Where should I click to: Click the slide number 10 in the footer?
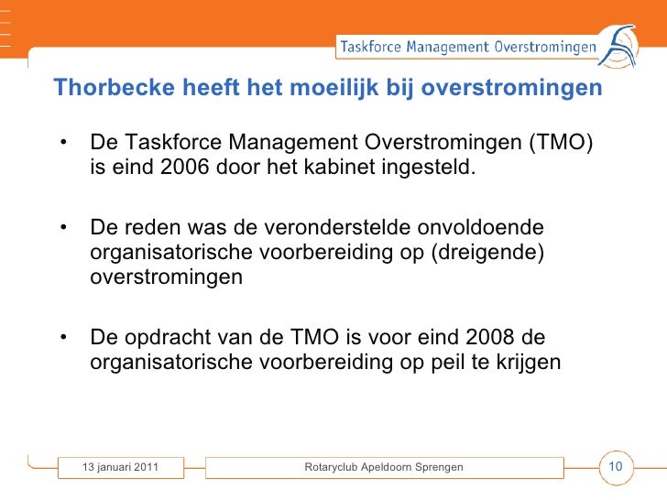click(x=616, y=467)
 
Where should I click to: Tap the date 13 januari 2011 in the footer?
click(x=120, y=468)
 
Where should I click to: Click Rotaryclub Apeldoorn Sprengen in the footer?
click(x=383, y=468)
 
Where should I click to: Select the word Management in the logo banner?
click(x=448, y=46)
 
